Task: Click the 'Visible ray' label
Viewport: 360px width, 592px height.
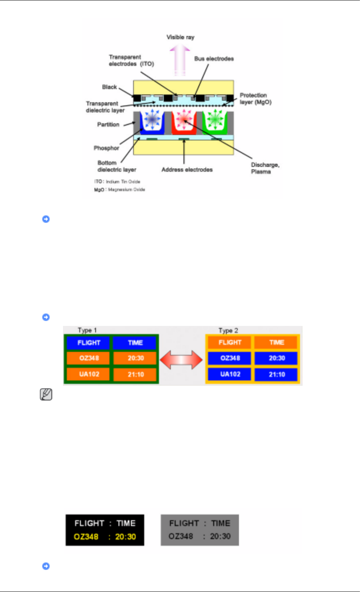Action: (180, 37)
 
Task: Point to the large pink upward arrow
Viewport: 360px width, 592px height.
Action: (180, 60)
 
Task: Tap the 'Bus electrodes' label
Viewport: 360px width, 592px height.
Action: (214, 59)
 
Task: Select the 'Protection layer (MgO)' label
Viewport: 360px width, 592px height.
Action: (255, 99)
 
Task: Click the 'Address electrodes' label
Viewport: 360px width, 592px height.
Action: (187, 170)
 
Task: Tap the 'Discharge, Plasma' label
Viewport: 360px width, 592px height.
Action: (265, 168)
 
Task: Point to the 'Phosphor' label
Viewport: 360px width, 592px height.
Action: (106, 148)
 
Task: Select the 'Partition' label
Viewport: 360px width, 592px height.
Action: (108, 124)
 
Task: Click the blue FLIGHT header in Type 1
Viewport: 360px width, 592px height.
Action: (89, 343)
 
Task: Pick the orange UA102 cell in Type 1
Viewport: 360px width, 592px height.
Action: (89, 374)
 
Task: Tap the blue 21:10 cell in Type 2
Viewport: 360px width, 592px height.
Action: (277, 374)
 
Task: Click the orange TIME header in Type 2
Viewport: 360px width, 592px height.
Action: (276, 342)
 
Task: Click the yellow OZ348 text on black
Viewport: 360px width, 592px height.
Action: (86, 537)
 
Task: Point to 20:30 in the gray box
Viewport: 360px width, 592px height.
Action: (220, 536)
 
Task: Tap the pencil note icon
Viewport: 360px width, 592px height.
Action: (46, 395)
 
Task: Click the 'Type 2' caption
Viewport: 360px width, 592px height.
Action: (228, 330)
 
